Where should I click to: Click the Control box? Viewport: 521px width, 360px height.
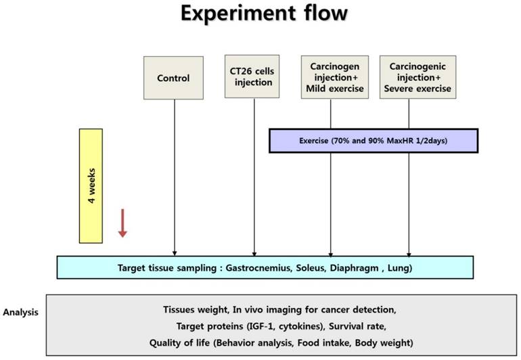[173, 78]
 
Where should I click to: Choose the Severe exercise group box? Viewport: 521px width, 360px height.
[415, 77]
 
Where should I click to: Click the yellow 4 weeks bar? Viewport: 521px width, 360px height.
[91, 185]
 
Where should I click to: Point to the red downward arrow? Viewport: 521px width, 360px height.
[122, 223]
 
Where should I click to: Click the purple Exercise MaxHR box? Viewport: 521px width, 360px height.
[373, 141]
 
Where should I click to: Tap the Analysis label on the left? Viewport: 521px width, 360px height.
[20, 313]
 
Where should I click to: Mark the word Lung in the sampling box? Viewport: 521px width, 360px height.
[398, 267]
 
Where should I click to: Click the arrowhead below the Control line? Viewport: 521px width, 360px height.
[175, 252]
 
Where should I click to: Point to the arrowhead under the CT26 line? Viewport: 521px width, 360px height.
[254, 252]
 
